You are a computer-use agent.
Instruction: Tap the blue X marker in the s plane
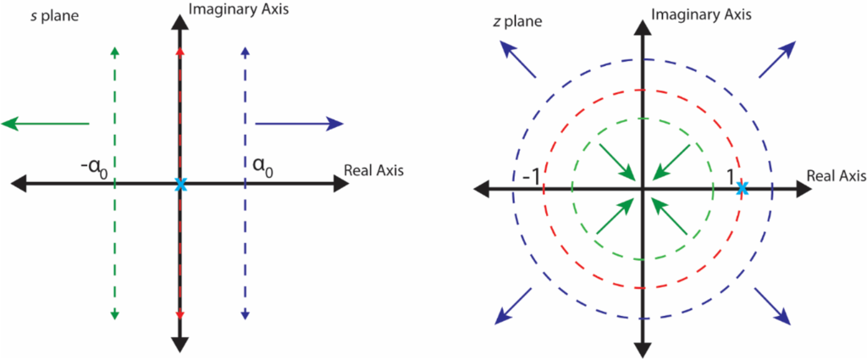point(179,184)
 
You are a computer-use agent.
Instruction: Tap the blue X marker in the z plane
point(743,188)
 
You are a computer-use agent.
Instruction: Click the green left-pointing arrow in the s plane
point(45,125)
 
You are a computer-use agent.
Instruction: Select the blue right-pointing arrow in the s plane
point(300,125)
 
